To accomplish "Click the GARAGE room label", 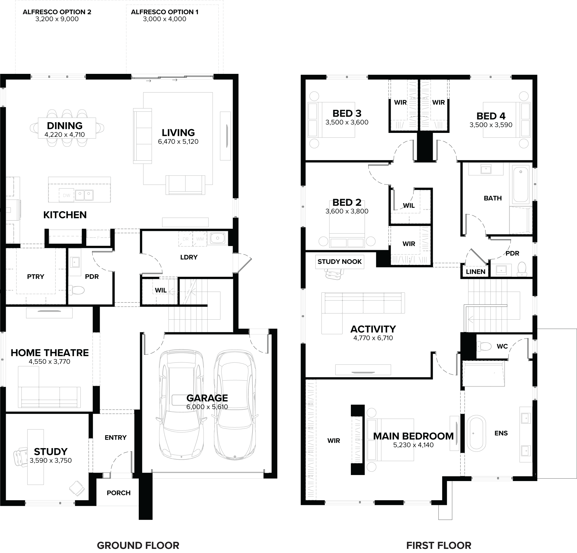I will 207,398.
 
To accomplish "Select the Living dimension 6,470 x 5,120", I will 178,141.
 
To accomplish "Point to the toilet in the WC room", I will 483,346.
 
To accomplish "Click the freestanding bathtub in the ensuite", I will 476,433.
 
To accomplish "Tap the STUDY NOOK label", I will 339,261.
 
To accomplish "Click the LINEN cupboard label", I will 475,272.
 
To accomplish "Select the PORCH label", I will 118,493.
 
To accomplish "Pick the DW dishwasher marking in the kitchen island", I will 66,195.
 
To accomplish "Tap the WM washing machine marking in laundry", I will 200,239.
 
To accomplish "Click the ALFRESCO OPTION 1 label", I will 165,12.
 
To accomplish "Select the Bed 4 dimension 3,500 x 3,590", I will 491,125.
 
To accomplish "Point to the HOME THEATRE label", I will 50,353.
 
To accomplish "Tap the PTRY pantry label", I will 36,276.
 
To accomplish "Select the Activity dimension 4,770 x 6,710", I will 373,338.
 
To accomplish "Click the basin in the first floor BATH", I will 486,169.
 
